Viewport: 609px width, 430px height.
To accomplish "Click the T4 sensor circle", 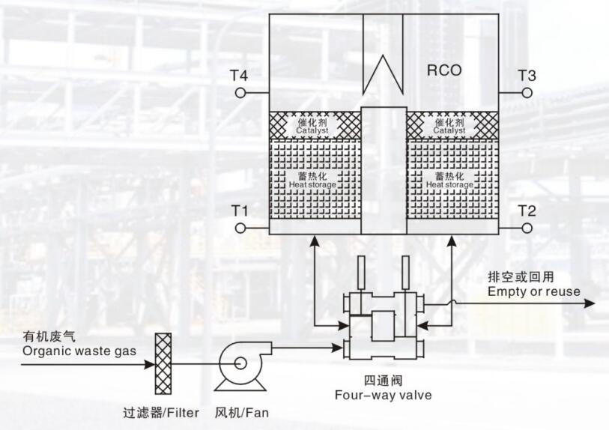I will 240,93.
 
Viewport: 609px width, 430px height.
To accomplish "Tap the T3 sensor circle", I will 527,92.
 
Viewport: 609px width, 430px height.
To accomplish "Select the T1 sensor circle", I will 240,227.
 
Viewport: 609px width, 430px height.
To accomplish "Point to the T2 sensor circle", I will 527,227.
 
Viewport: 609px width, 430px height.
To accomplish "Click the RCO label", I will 445,72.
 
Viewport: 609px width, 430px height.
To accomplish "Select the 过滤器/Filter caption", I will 161,413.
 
